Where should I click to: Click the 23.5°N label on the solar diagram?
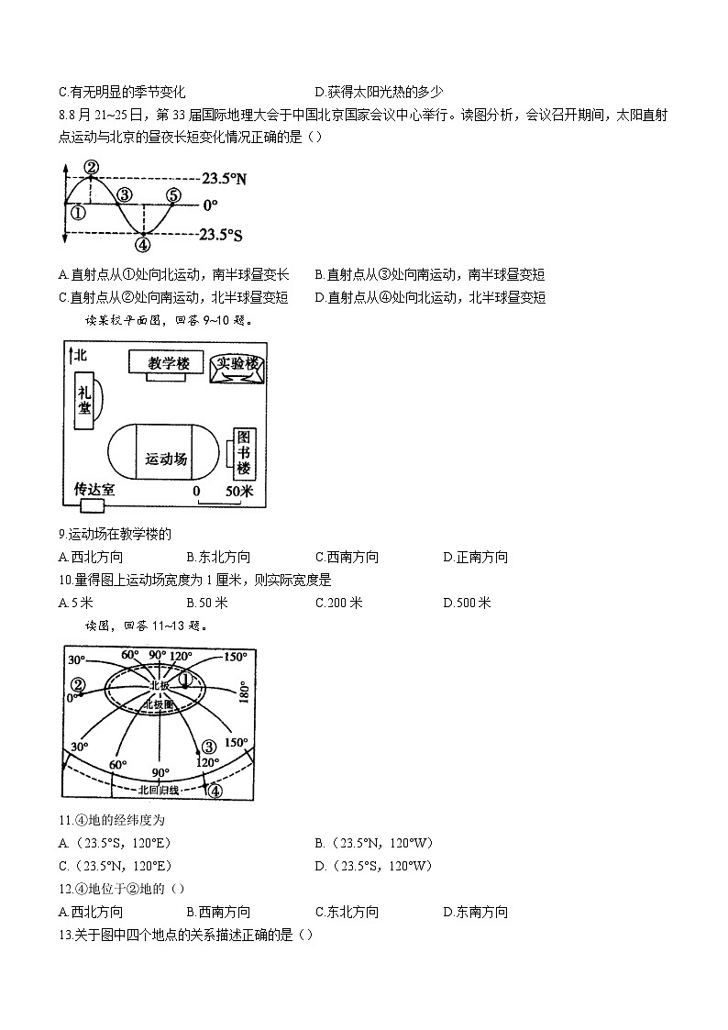click(x=224, y=180)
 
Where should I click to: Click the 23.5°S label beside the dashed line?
click(x=221, y=236)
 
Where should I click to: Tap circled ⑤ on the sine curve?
click(x=174, y=196)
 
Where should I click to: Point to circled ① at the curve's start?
click(x=77, y=213)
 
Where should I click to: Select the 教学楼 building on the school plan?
click(x=168, y=363)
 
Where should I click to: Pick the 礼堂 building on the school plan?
click(x=84, y=401)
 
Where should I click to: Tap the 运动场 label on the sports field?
click(x=166, y=459)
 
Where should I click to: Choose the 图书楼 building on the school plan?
click(x=243, y=452)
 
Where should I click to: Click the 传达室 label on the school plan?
click(x=94, y=490)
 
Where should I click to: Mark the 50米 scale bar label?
click(x=238, y=492)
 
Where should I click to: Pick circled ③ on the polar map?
click(x=208, y=747)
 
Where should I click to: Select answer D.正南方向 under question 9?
click(x=475, y=557)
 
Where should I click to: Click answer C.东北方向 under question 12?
click(x=347, y=912)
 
